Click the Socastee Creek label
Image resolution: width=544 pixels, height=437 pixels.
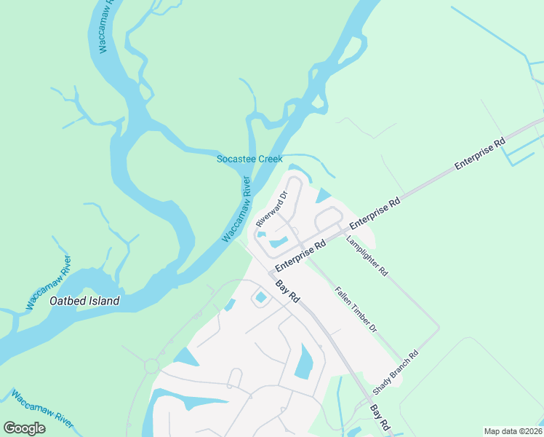249,159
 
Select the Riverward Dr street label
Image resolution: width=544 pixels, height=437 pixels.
273,209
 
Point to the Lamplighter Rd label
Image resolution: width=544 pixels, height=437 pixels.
367,255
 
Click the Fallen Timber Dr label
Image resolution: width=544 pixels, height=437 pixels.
356,310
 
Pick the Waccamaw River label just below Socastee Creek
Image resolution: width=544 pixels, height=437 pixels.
236,210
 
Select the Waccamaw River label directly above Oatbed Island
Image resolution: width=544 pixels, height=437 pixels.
49,283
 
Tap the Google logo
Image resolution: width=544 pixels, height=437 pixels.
24,428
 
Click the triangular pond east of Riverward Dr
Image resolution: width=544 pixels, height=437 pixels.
322,195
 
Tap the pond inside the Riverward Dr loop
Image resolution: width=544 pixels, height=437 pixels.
277,242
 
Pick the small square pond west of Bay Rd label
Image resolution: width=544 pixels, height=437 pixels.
260,296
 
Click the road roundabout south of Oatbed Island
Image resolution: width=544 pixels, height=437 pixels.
151,366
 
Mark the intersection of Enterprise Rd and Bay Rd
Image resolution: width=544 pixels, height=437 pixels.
271,272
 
